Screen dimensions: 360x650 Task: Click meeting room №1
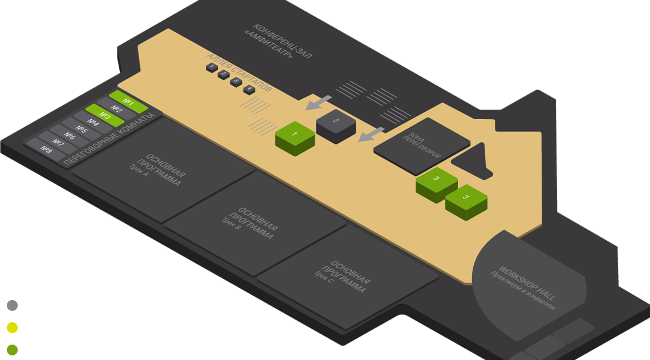coord(128,102)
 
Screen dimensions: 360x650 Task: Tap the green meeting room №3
coord(104,115)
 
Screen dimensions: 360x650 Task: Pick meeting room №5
coord(82,130)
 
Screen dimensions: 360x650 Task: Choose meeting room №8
coord(46,149)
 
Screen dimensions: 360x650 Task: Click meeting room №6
coord(70,136)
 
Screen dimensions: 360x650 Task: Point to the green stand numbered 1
coord(295,136)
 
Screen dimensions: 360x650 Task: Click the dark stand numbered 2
coord(336,122)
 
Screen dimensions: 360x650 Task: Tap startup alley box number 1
coord(212,67)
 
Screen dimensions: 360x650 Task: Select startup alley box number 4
coord(248,89)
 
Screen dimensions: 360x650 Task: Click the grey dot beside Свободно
coord(12,306)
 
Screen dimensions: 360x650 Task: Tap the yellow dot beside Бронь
coord(12,328)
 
